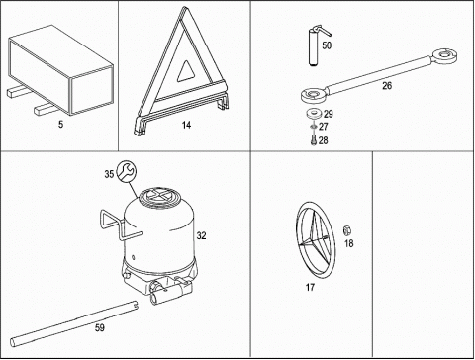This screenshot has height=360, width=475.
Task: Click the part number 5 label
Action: [60, 125]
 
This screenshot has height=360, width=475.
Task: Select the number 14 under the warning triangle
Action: [186, 125]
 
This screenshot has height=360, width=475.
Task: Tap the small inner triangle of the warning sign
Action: [186, 71]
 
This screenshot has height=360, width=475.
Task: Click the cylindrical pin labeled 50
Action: [314, 46]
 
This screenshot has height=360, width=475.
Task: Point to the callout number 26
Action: [387, 86]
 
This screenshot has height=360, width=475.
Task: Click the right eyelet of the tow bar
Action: [445, 56]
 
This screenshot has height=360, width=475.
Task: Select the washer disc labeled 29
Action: [314, 114]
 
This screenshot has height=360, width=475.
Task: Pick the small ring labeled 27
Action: [313, 127]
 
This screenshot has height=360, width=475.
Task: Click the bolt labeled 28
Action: [314, 139]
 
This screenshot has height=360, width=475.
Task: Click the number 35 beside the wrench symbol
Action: [109, 174]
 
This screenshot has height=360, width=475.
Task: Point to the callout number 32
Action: [201, 235]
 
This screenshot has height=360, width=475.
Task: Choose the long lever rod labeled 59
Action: [73, 323]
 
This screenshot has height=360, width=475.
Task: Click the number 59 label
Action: [99, 327]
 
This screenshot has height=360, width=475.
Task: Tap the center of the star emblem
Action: [314, 241]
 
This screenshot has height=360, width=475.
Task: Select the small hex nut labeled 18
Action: [346, 230]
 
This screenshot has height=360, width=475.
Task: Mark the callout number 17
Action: [310, 288]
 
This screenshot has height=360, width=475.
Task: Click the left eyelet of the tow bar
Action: [314, 94]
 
